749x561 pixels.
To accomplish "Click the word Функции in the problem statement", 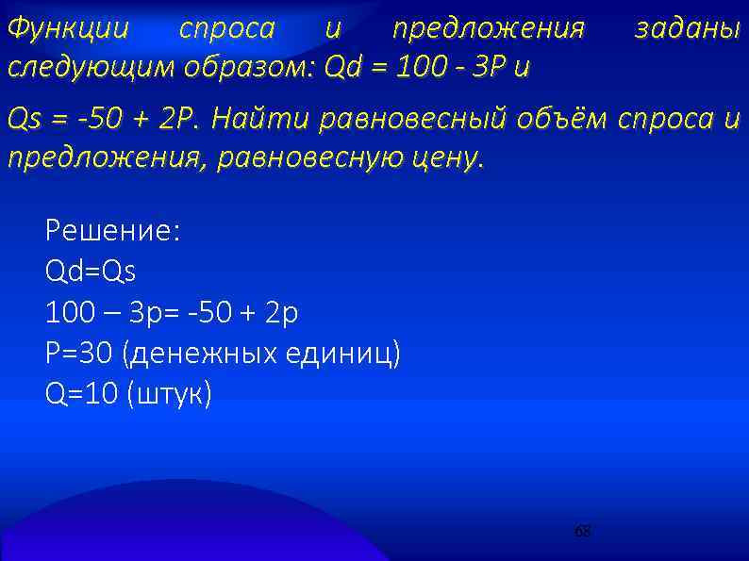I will tap(67, 29).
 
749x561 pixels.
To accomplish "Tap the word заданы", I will tap(687, 29).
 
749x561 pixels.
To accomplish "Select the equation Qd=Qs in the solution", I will tap(91, 272).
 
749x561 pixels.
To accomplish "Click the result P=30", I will tap(80, 353).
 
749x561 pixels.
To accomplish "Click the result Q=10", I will tap(80, 394).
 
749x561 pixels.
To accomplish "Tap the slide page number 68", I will tap(583, 532).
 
